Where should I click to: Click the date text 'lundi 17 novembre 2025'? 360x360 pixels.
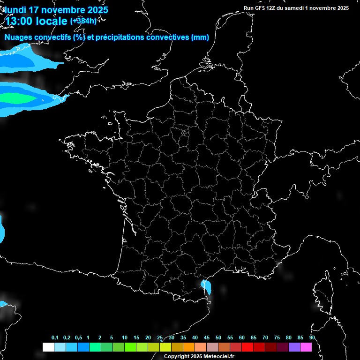coord(56,9)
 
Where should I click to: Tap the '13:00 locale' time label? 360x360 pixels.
coord(37,21)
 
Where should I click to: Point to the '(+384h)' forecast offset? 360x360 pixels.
coord(83,21)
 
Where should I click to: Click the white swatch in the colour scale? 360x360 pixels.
coord(48,347)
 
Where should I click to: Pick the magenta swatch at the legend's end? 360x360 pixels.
coord(306,347)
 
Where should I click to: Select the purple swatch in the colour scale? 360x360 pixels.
coord(294,347)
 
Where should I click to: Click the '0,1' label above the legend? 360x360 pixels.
coord(55,338)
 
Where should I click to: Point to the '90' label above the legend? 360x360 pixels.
coord(312,338)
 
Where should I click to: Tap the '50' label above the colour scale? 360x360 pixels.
coord(218,338)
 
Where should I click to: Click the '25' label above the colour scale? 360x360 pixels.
coord(160,338)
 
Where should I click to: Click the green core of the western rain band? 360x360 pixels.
coord(19,98)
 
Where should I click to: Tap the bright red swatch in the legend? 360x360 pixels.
coord(247,347)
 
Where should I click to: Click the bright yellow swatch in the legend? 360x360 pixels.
coord(165,347)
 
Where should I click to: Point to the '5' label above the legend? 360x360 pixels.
coord(112,338)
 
